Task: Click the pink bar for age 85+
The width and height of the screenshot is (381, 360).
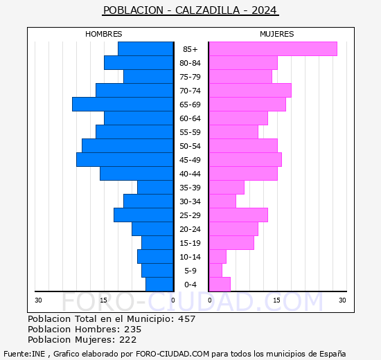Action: coord(272,49)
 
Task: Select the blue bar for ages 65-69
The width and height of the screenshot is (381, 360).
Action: coord(122,105)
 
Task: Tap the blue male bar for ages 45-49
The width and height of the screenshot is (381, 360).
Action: coord(124,160)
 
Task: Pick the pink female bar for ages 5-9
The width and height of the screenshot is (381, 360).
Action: coord(215,271)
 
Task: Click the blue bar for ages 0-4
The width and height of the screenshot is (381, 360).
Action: coord(159,285)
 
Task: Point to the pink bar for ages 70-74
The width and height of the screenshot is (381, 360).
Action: coord(249,91)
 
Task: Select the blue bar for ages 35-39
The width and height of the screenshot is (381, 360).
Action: coord(154,188)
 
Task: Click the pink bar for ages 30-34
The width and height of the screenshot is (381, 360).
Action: coord(222,201)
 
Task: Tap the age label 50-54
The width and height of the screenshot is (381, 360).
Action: coord(190,146)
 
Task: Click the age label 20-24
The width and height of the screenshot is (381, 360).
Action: coord(190,229)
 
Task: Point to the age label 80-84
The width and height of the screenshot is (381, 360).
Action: coord(190,63)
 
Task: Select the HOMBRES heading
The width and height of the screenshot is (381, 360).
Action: coord(104,34)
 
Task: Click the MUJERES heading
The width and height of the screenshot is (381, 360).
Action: coord(277,34)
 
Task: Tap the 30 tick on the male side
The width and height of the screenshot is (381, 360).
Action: coord(39,300)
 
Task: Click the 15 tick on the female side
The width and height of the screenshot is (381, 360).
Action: coord(276,300)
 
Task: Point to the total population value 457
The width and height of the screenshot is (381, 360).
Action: coord(186,319)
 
